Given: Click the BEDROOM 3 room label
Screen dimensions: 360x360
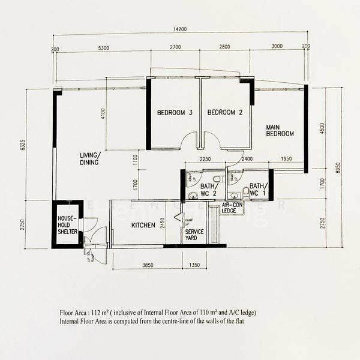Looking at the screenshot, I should point(175,113).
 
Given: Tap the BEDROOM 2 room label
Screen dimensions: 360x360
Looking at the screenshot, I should point(224,113).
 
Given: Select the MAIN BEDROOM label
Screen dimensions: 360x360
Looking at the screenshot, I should point(280,130).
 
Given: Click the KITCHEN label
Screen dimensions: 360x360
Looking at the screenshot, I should point(143,225).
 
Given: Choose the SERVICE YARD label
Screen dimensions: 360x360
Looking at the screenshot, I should point(194,235).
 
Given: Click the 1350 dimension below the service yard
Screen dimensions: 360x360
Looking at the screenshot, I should point(194,265).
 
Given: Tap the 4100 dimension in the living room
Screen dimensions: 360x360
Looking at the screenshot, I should point(103,114).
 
